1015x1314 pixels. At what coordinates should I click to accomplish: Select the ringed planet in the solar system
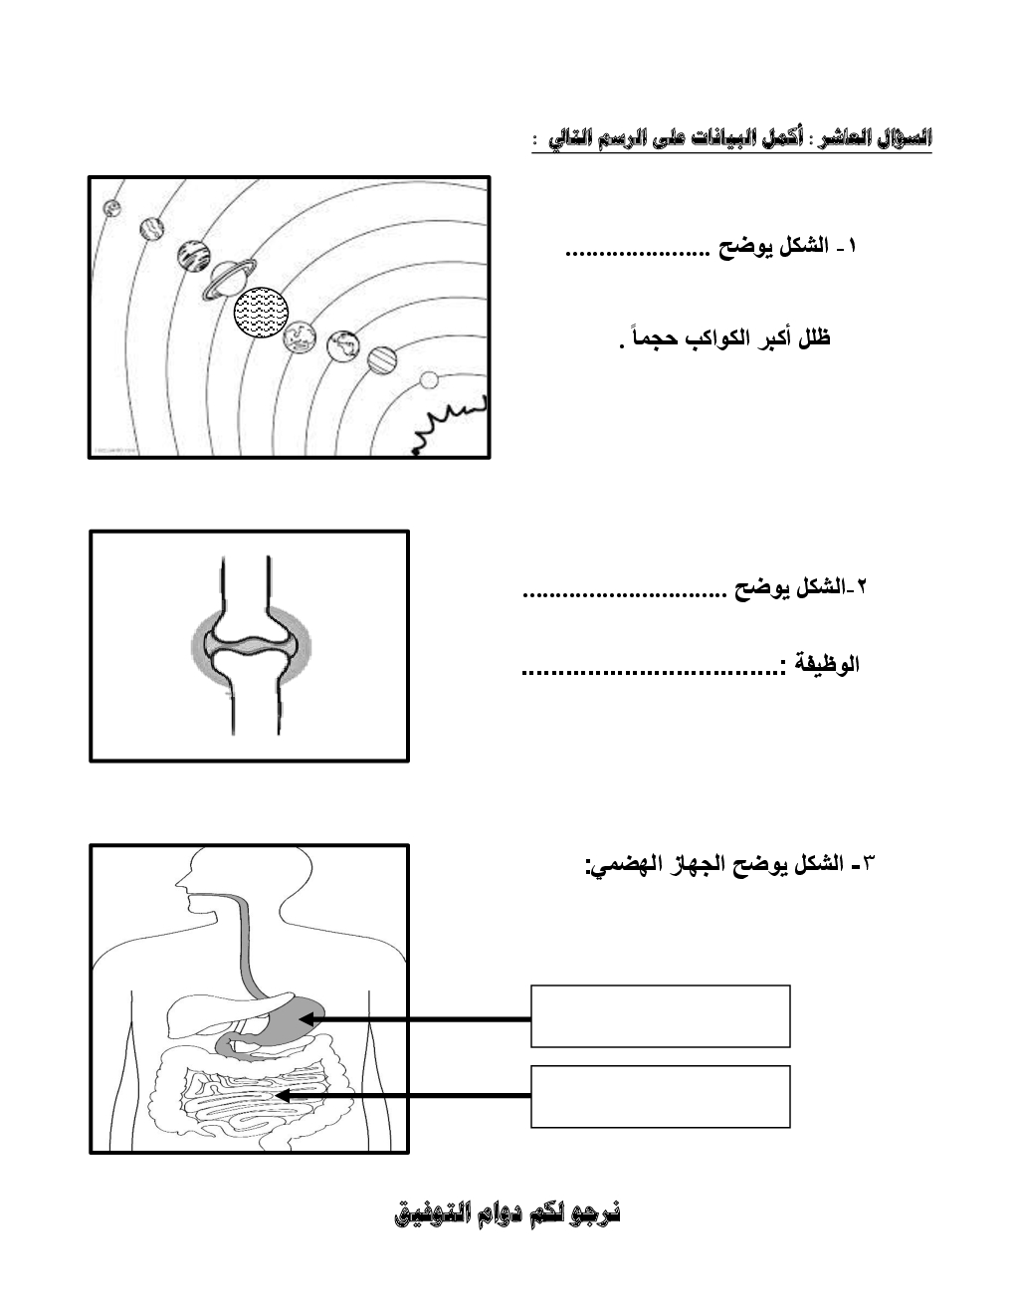point(229,278)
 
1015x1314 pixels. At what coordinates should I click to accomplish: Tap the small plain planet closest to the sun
point(429,379)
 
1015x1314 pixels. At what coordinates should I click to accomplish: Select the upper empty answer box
point(660,1016)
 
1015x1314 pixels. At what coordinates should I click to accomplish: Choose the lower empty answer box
point(660,1096)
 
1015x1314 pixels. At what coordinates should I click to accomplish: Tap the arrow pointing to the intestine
point(403,1096)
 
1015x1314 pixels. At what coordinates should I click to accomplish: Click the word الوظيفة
point(825,664)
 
